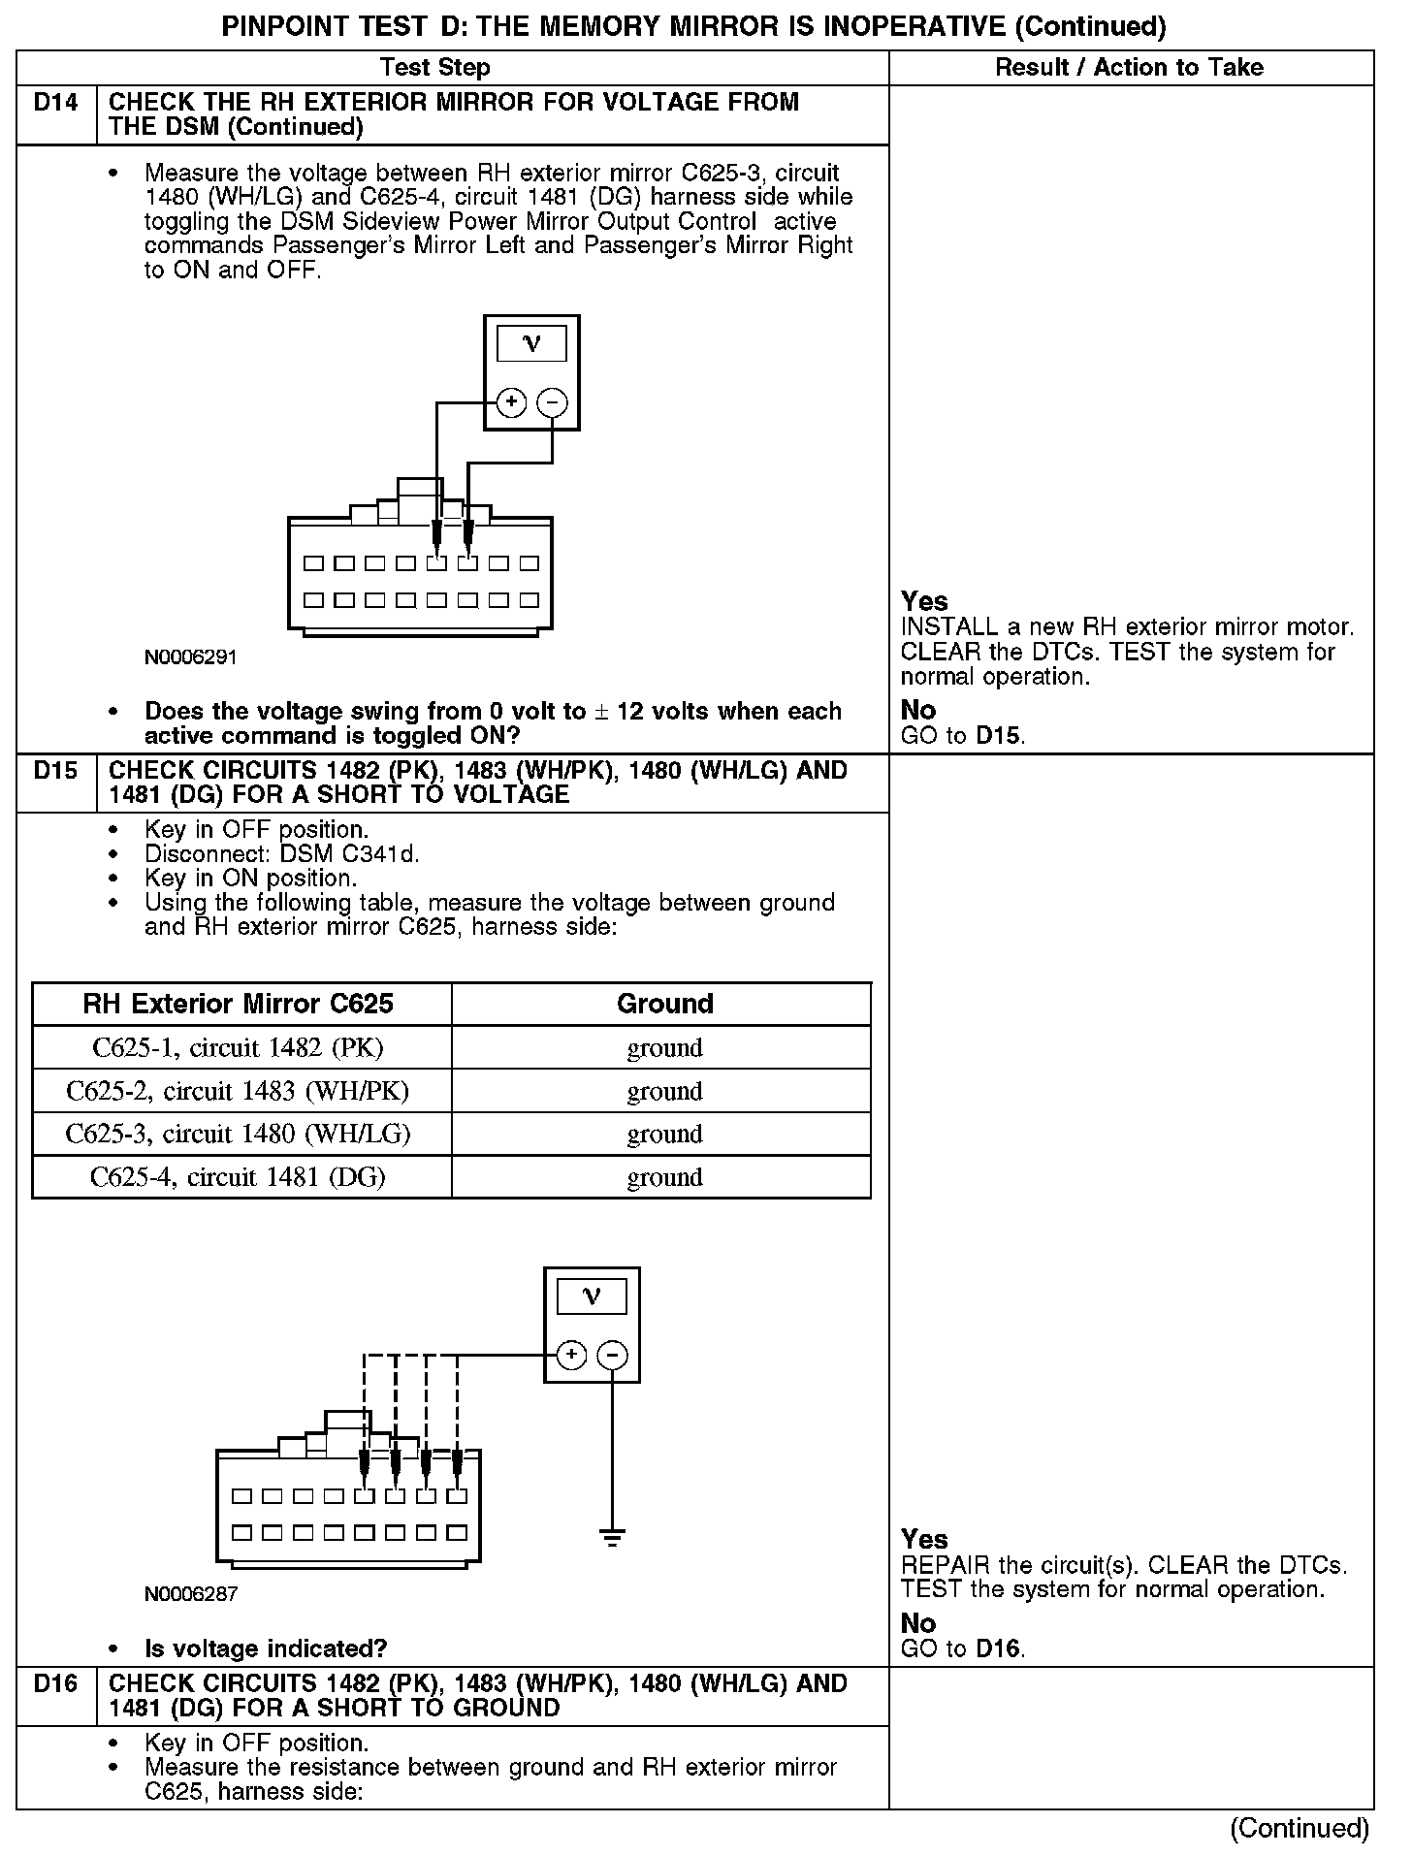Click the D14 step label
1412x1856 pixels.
coord(55,103)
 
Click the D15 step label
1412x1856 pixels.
coord(55,771)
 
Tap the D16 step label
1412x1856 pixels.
coord(55,1684)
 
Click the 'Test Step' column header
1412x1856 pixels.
coord(434,68)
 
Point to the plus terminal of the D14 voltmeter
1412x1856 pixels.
coord(511,402)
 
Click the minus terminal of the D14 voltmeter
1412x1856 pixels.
coord(552,402)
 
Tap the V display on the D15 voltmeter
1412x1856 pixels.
coord(592,1297)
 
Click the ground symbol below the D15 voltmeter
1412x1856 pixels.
coord(612,1538)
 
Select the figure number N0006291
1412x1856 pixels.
coord(191,657)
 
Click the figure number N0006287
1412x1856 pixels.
coord(191,1594)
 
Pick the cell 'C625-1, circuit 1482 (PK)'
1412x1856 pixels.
coord(239,1048)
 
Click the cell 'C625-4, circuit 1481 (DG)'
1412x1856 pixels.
coord(239,1177)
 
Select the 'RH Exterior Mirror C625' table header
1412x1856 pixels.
coord(239,1004)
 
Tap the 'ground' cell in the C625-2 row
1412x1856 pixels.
coord(664,1092)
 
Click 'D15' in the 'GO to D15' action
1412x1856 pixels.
coord(999,736)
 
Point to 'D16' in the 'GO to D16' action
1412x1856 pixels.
coord(999,1648)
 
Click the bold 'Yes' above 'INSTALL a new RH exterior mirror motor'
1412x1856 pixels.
coord(924,602)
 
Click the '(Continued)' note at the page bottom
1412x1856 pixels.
coord(1300,1829)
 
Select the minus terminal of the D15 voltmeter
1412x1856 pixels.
coord(612,1355)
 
